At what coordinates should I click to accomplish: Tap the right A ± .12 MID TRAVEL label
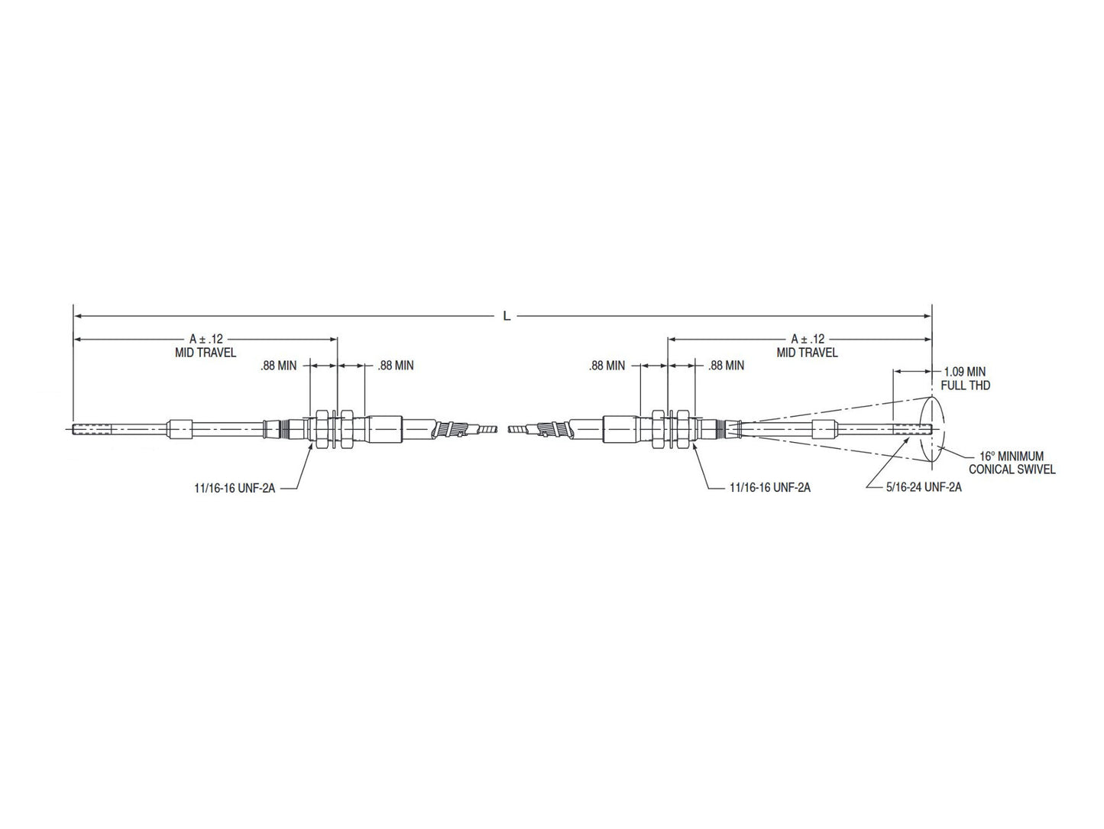click(808, 346)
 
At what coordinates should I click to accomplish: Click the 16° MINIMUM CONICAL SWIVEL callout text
click(1012, 463)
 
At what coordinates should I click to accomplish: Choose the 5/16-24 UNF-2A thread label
click(924, 486)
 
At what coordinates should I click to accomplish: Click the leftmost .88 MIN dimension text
click(278, 366)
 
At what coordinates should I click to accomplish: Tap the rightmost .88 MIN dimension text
click(726, 366)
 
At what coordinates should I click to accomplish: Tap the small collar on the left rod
click(181, 429)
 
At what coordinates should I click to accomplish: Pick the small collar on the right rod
click(822, 429)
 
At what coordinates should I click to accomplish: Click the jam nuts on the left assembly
click(334, 429)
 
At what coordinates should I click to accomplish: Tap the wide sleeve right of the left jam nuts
click(385, 429)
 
